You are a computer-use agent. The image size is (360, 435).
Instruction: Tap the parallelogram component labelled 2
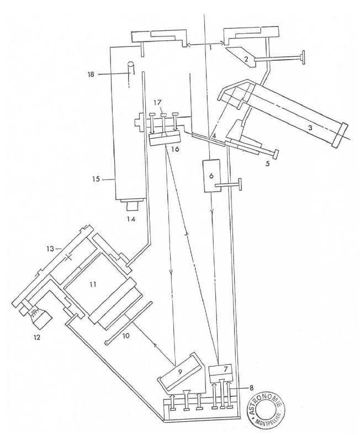point(242,57)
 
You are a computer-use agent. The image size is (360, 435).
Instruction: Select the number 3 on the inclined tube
point(310,128)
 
